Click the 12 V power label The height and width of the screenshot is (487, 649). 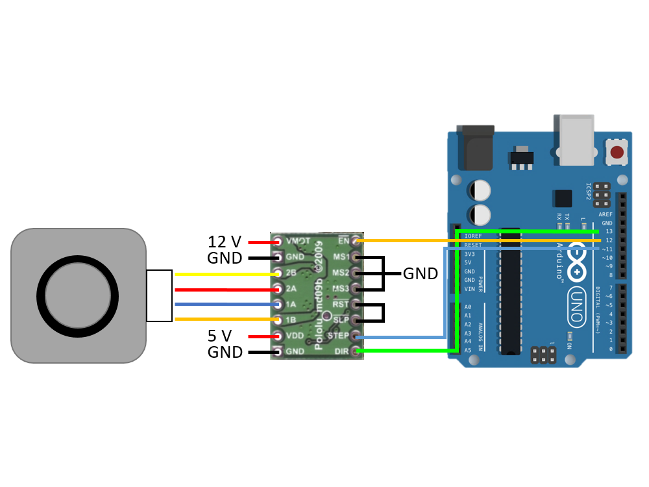tap(224, 242)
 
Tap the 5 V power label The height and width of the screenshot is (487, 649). tap(219, 336)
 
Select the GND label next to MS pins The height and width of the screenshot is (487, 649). tap(420, 273)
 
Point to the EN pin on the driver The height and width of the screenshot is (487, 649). tap(355, 241)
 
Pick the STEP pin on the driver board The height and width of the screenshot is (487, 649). tap(355, 336)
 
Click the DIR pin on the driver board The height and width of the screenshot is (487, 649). tap(355, 352)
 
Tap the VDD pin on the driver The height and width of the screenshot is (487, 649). tap(280, 336)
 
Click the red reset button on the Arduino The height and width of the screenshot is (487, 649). tap(617, 153)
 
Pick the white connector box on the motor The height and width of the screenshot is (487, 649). tap(159, 295)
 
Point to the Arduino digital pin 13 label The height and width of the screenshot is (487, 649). tap(608, 231)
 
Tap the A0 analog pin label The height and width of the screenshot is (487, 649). tap(468, 306)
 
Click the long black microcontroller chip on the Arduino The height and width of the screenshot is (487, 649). tap(510, 292)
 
